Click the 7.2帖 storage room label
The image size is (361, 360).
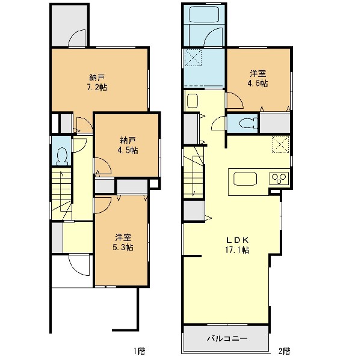(97, 82)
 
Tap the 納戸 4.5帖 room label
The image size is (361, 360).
(128, 145)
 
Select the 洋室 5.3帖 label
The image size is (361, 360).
(123, 242)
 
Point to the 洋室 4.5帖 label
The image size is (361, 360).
(258, 78)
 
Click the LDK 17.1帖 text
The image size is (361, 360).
(238, 245)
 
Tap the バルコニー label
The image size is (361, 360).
(227, 338)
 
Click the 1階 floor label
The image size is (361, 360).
(140, 351)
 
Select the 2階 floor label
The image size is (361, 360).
(285, 351)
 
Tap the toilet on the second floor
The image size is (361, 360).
(248, 123)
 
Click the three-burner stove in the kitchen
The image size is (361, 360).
(279, 178)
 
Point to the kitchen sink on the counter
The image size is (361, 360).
(245, 179)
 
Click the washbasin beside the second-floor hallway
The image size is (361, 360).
(193, 101)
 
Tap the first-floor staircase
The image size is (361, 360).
(61, 194)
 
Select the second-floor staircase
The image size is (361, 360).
(194, 172)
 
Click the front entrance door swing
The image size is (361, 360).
(79, 264)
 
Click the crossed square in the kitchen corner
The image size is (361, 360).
(280, 144)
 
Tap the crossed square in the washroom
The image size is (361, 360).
(193, 58)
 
